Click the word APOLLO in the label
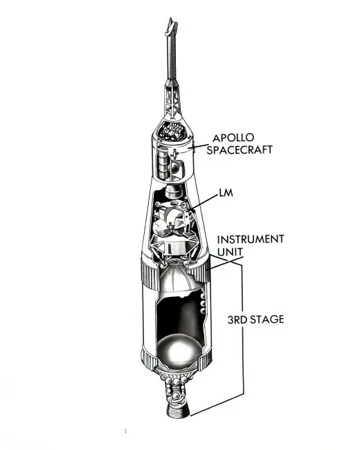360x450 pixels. click(x=233, y=138)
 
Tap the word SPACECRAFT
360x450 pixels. click(x=240, y=150)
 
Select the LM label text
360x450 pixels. click(x=226, y=193)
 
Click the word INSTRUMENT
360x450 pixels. click(x=251, y=239)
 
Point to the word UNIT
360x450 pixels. click(x=230, y=252)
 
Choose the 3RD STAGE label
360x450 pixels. click(x=255, y=319)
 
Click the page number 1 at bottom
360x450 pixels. click(x=125, y=431)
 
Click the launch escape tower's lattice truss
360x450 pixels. click(x=172, y=101)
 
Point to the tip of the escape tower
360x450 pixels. click(x=172, y=19)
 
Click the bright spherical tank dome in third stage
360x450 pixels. click(x=180, y=351)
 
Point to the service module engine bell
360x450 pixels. click(x=173, y=191)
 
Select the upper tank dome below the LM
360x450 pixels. click(x=176, y=280)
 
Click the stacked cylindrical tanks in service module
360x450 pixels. click(x=161, y=163)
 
